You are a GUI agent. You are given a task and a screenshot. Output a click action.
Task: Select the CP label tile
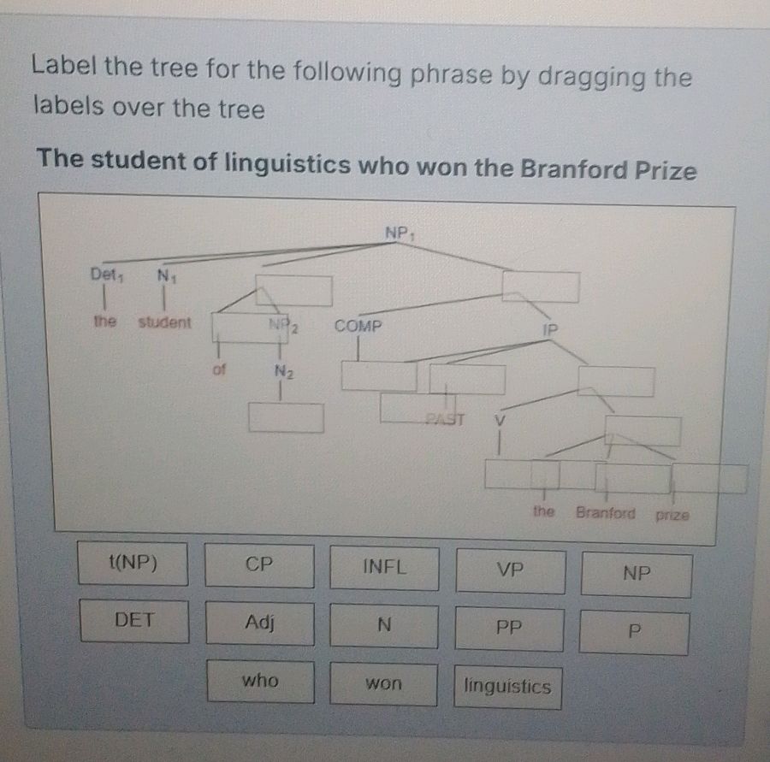click(258, 565)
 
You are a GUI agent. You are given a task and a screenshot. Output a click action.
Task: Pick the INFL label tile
click(384, 567)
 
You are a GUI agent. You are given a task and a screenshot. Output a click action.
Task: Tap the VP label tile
click(510, 570)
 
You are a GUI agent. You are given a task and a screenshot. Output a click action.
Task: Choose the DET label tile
click(134, 621)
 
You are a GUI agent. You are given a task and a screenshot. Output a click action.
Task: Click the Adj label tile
click(259, 623)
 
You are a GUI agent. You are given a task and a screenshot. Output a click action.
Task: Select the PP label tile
click(509, 629)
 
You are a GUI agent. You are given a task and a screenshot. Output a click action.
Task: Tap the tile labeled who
click(260, 681)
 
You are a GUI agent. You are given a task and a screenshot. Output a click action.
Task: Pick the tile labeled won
click(383, 683)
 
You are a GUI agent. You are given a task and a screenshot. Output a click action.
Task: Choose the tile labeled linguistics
click(507, 687)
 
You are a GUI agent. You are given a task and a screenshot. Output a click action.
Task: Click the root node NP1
click(399, 232)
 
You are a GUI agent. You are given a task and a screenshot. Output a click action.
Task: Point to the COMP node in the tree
click(358, 326)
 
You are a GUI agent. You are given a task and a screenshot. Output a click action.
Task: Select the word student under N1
click(164, 323)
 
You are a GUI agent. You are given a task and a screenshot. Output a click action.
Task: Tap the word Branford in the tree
click(605, 513)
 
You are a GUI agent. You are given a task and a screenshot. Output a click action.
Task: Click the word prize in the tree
click(672, 515)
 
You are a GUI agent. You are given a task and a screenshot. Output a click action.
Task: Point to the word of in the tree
click(219, 370)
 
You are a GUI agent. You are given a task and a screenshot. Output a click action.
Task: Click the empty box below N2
click(286, 417)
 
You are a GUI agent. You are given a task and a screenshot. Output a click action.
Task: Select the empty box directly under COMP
click(378, 375)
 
